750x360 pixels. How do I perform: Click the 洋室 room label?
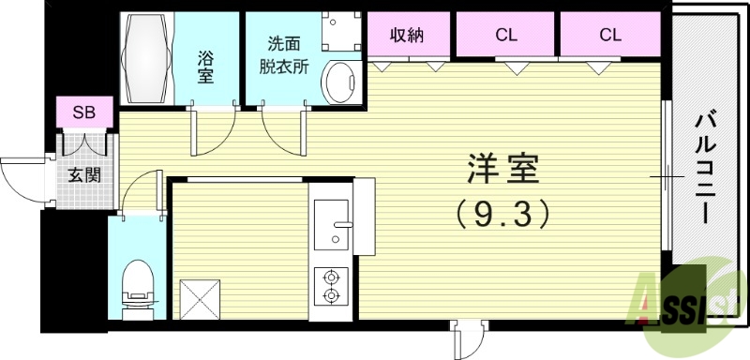tap(503, 172)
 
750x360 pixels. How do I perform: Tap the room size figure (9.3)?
tap(502, 216)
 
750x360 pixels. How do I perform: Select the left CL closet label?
tap(506, 36)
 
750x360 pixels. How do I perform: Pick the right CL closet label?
tap(610, 36)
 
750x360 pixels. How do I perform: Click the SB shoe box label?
tap(84, 112)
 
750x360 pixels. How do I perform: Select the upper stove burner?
tap(331, 277)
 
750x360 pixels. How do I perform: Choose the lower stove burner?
tap(331, 296)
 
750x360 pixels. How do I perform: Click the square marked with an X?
tap(199, 299)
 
